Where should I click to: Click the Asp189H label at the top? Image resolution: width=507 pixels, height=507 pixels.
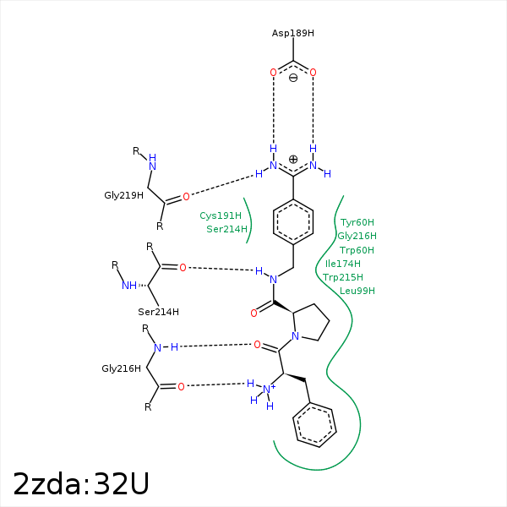pos(292,33)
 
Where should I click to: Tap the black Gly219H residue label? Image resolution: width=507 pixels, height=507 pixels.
pos(123,195)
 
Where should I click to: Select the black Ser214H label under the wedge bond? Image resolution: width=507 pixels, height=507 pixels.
pos(158,312)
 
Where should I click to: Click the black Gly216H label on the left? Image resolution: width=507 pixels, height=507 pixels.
pos(121,368)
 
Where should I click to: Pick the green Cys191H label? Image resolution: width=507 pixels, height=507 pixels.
pos(221,215)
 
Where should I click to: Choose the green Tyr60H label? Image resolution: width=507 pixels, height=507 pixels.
pos(357,223)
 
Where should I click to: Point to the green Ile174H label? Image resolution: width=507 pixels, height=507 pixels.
pos(343,264)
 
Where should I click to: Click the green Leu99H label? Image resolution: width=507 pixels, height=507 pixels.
pos(357,291)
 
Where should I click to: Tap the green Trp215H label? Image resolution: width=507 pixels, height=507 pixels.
pos(343,277)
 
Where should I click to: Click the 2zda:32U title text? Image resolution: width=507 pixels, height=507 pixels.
pos(81,483)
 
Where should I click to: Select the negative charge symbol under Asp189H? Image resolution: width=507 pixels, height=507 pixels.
pos(293,79)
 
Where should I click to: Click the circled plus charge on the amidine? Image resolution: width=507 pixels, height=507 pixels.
pos(293,159)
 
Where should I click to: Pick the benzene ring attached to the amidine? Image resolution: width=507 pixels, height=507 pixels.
pos(293,222)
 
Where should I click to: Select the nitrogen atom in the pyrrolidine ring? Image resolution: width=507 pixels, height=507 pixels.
pos(295,335)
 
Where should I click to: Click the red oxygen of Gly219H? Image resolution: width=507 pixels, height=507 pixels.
pos(186,196)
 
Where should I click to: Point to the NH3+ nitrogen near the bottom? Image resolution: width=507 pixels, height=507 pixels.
pos(268,390)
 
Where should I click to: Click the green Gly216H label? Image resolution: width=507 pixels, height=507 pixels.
pos(357,237)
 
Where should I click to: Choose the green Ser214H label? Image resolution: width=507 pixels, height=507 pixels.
pos(226,229)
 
